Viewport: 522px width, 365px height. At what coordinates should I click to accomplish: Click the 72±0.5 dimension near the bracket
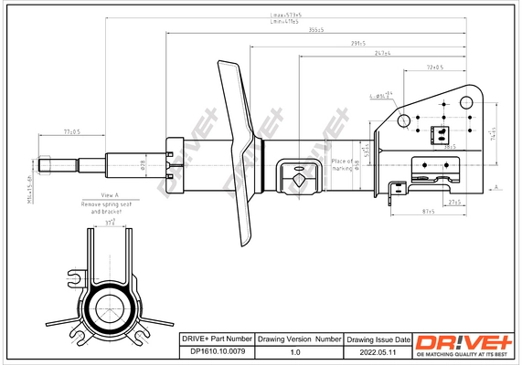434,68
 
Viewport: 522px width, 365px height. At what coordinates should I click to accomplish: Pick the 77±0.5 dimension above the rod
70,132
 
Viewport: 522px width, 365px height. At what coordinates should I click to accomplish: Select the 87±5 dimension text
427,212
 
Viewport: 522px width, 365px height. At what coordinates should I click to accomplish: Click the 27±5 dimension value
454,200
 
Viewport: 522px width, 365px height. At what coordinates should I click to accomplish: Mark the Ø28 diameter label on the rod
144,164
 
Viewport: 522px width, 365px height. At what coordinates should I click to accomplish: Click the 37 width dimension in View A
111,222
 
